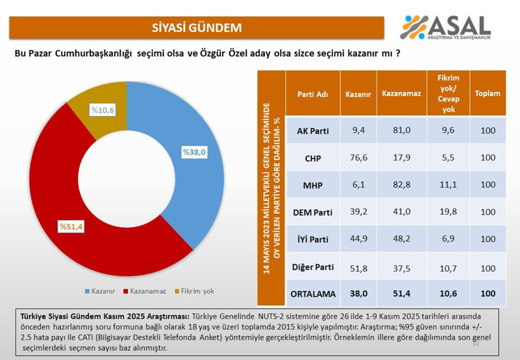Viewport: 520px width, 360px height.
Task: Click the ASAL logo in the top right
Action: click(x=446, y=27)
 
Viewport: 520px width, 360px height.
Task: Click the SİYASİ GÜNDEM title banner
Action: click(x=197, y=27)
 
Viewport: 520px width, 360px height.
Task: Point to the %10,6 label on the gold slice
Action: click(x=102, y=110)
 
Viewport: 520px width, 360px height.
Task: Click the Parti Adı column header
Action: click(x=313, y=94)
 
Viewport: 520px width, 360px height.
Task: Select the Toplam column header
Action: click(x=488, y=94)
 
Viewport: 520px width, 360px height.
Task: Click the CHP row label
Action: click(x=313, y=158)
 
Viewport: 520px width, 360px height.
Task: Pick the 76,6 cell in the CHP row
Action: click(x=359, y=158)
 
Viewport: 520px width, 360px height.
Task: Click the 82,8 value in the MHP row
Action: click(x=401, y=186)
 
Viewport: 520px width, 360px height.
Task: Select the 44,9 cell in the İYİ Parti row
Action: click(x=359, y=240)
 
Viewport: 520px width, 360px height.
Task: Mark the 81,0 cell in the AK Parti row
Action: click(x=401, y=131)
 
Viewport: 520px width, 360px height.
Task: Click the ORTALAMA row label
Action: click(x=313, y=294)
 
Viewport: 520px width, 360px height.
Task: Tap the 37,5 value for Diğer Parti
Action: click(x=401, y=268)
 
